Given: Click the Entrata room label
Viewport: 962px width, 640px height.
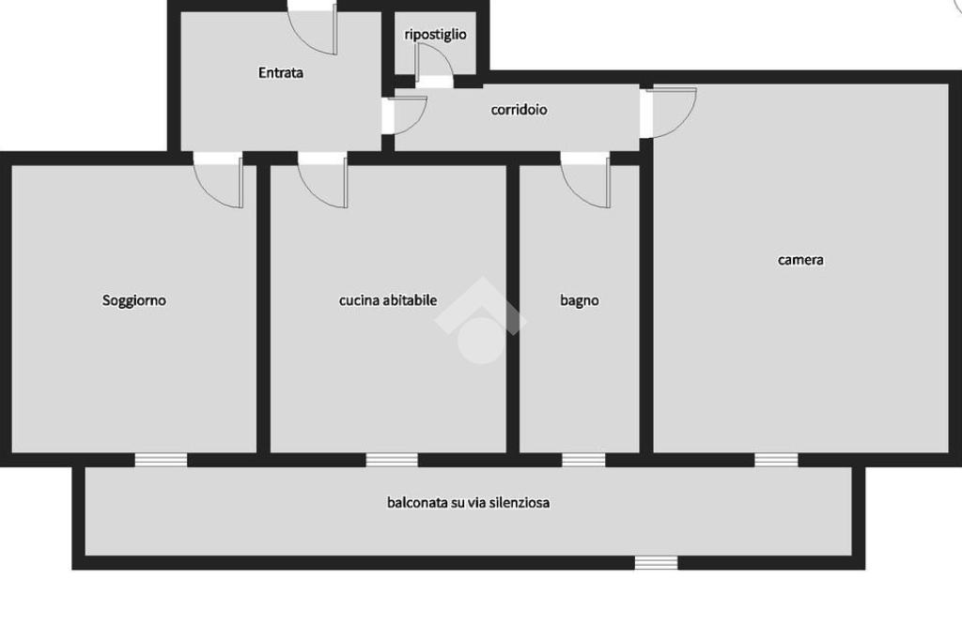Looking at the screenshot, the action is coord(280,73).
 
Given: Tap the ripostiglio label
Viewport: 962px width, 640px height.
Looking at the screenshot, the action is coord(435,35).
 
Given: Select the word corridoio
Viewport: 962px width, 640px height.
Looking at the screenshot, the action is coord(519,110).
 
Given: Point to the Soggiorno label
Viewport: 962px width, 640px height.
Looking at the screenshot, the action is coord(133,300).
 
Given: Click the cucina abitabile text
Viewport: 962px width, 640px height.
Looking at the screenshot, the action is coord(388,300).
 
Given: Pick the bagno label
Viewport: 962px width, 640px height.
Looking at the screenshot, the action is coord(579,300).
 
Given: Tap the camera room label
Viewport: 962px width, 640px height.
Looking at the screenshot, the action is coord(800,260).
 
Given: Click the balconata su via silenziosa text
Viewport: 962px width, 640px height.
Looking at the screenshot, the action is coord(468,503).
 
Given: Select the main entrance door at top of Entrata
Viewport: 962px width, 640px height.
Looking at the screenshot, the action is coord(313,27).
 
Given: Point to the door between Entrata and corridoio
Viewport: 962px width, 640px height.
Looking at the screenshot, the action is coord(404,115).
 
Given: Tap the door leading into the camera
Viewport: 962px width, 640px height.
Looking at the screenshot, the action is coord(669,113).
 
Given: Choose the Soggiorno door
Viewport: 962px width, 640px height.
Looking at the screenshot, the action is coord(218,180).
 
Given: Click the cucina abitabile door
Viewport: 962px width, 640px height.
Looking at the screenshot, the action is coord(323,180).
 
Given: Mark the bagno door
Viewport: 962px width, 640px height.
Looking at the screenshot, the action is coord(585,180).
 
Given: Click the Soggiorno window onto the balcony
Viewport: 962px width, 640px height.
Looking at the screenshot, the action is coord(161,460).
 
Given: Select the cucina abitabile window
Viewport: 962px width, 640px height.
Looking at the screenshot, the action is coord(392,460).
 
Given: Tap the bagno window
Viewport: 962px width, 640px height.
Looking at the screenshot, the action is coord(583,460).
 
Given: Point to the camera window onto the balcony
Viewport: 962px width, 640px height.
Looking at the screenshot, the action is coord(776,460).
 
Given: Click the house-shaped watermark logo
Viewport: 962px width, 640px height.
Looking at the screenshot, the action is coord(480,321).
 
